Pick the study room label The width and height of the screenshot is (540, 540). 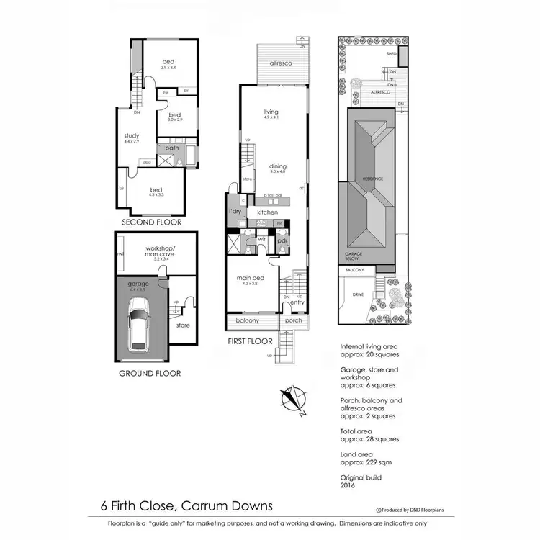[131, 135]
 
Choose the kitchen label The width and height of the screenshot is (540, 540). [268, 212]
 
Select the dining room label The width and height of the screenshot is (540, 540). [278, 166]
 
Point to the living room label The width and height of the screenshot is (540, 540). [271, 112]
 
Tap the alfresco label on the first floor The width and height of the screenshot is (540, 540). [280, 65]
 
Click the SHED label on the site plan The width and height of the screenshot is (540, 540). [392, 54]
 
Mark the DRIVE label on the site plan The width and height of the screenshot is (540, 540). [358, 295]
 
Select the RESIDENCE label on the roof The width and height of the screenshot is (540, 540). [372, 179]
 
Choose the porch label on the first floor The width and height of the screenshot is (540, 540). [294, 320]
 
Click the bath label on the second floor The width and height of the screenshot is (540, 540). [172, 148]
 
